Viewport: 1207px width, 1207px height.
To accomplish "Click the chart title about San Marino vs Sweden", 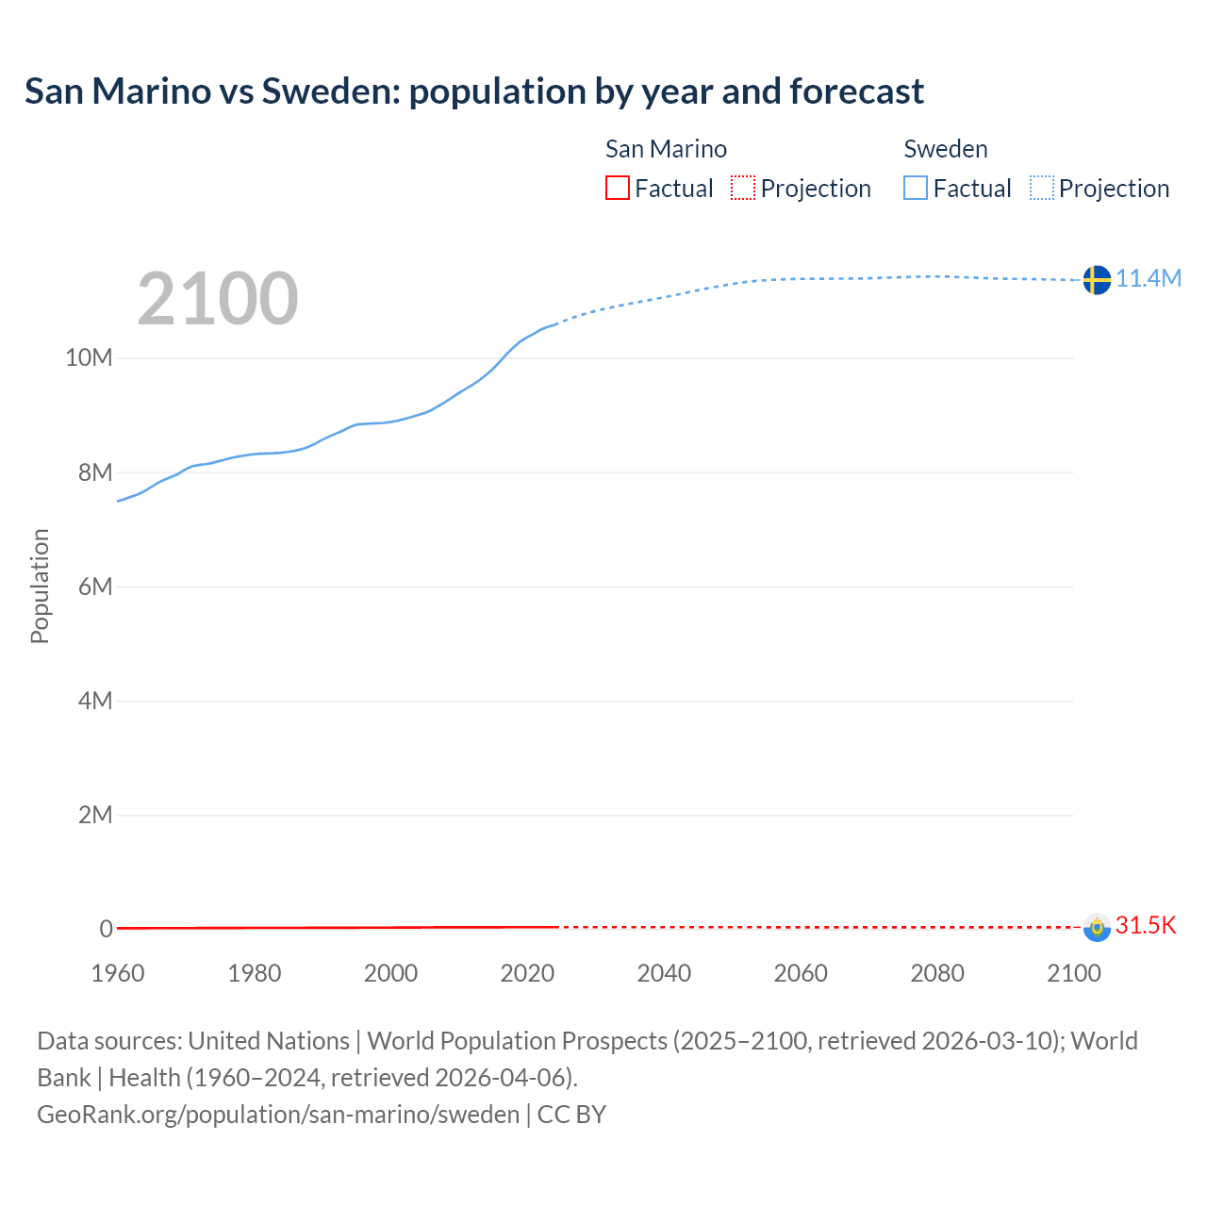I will click(x=473, y=91).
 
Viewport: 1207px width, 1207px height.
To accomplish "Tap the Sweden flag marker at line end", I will click(x=1096, y=279).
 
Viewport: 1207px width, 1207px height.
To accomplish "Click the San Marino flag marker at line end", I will click(x=1096, y=927).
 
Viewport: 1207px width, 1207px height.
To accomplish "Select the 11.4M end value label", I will click(x=1149, y=278).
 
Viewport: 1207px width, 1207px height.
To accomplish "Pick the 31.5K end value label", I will click(x=1146, y=925).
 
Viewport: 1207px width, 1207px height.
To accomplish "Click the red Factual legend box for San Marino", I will click(x=618, y=189).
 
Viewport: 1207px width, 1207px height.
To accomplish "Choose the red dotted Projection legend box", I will click(x=743, y=189).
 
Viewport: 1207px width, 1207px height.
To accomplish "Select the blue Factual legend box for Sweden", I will click(x=916, y=189).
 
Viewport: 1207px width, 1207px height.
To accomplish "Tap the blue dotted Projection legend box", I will click(x=1041, y=189).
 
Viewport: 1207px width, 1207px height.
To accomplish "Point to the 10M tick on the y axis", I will click(x=89, y=358).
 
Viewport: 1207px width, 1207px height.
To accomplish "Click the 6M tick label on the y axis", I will click(x=94, y=587).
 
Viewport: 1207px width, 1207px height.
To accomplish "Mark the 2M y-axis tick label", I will click(x=94, y=815).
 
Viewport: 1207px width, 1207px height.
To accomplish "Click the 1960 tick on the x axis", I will click(x=118, y=973).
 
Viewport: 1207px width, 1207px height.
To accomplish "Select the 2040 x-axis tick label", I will click(x=664, y=973).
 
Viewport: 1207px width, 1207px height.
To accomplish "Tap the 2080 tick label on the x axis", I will click(x=937, y=973).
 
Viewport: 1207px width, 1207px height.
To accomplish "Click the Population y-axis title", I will click(x=40, y=586).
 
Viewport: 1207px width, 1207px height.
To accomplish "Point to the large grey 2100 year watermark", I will click(x=218, y=299).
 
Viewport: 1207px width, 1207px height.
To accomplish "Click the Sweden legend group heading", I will click(x=946, y=149).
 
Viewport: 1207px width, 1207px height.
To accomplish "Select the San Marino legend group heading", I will click(x=666, y=149).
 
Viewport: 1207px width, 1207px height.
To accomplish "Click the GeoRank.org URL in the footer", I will click(x=278, y=1115).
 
